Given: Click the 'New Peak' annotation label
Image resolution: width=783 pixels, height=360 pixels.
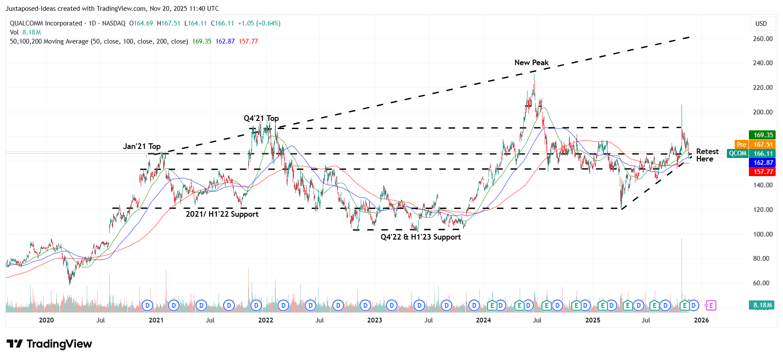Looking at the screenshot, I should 531,63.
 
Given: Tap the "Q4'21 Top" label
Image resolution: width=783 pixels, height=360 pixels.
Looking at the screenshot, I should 261,118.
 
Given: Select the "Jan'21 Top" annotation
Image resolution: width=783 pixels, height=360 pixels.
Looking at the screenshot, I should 142,146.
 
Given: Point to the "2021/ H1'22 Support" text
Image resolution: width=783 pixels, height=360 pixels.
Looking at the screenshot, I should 222,214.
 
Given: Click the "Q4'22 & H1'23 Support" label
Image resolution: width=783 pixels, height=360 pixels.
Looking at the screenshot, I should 420,237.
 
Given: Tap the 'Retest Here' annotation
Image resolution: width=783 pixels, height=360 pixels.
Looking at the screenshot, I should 707,155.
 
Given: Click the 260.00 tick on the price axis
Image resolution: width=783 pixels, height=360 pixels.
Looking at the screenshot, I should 762,39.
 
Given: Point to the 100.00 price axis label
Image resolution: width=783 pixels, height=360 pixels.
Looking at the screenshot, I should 762,234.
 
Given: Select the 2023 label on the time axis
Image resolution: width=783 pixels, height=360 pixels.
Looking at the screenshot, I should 374,320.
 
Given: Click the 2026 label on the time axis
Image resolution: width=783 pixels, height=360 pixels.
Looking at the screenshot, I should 701,320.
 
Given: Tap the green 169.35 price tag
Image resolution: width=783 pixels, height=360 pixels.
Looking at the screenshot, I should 763,135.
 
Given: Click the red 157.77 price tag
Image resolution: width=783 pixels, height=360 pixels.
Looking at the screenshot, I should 763,172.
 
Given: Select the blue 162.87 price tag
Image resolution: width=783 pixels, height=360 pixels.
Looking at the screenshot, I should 763,163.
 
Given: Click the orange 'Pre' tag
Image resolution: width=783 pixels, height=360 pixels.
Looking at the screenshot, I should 741,145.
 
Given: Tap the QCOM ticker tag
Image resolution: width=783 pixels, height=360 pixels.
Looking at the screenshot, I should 737,154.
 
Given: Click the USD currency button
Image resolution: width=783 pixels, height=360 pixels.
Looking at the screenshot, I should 761,24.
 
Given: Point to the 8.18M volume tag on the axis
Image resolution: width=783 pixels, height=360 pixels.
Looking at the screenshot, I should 762,305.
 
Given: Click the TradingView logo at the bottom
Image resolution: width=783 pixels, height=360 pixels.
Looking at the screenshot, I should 49,344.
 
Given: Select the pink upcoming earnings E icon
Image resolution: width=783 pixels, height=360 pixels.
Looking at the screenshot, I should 710,306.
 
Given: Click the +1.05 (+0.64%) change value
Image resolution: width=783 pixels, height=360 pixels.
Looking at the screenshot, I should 259,23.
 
